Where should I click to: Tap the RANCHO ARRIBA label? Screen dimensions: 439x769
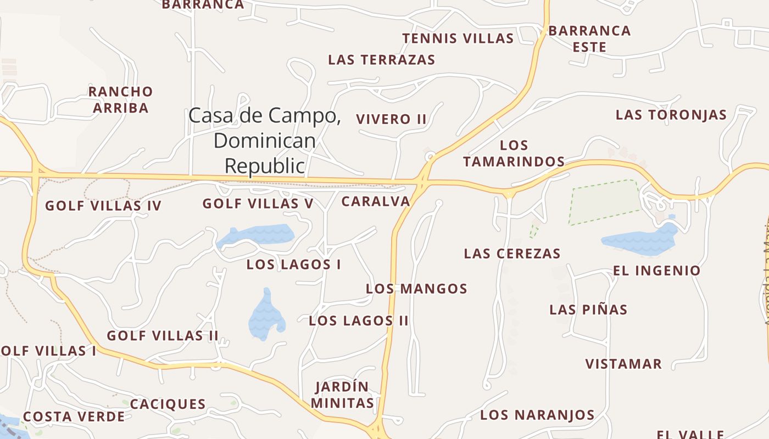120,99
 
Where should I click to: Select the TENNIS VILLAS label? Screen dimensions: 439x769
458,38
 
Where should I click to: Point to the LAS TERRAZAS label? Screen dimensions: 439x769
381,59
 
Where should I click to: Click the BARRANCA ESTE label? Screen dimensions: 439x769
589,38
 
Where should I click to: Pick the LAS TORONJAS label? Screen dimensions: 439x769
671,115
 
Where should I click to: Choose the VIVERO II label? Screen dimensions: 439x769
391,119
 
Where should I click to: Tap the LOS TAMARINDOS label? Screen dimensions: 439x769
514,153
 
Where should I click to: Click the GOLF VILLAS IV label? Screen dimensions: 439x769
103,206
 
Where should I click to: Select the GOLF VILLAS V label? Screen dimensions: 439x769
258,204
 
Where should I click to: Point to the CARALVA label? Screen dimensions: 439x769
376,201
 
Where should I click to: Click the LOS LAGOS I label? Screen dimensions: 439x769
293,264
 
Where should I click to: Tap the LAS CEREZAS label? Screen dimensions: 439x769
512,254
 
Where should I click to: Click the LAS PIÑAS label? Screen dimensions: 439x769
588,309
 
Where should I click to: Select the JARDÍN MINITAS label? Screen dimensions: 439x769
342,395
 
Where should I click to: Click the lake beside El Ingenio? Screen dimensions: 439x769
640,240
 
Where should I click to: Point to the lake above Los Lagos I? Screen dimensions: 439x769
257,235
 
